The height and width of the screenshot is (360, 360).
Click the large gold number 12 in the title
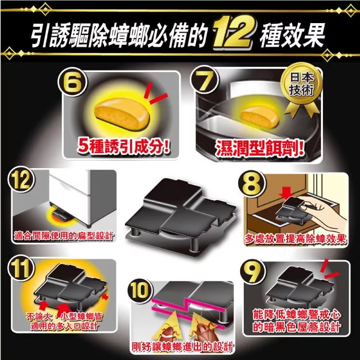pyautogui.click(x=232, y=33)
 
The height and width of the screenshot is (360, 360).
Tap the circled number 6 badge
pyautogui.click(x=73, y=82)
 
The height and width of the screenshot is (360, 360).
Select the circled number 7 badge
pyautogui.click(x=204, y=80)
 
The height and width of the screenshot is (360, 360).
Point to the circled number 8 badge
pyautogui.click(x=251, y=184)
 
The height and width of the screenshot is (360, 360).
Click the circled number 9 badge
pyautogui.click(x=253, y=272)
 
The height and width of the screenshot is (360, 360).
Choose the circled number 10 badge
pyautogui.click(x=139, y=291)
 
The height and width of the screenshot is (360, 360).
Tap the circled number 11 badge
pyautogui.click(x=21, y=269)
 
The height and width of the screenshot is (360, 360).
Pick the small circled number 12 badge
pyautogui.click(x=21, y=180)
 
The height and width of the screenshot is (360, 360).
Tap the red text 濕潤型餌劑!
pyautogui.click(x=260, y=148)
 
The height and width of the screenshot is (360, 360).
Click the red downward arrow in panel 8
pyautogui.click(x=286, y=193)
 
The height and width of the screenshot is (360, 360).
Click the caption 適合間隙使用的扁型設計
pyautogui.click(x=64, y=236)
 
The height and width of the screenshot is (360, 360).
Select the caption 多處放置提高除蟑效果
pyautogui.click(x=295, y=239)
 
